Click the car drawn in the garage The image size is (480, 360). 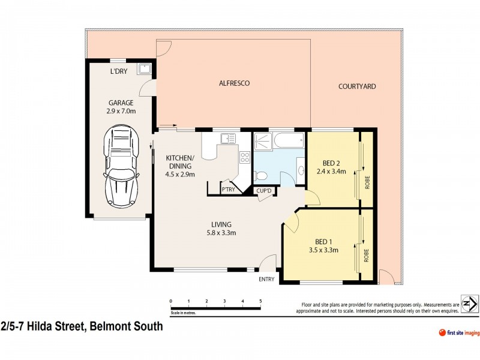(x=119, y=167)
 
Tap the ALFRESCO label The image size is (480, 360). (x=233, y=83)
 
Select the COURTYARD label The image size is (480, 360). (x=357, y=86)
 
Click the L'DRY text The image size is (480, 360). (x=119, y=72)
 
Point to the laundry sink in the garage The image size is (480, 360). (x=144, y=70)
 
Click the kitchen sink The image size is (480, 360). (x=228, y=139)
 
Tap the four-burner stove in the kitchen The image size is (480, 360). (x=245, y=158)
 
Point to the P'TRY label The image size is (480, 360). (x=228, y=190)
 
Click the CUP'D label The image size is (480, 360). (x=264, y=191)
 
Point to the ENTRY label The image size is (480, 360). (x=266, y=279)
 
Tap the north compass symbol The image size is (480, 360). (x=469, y=304)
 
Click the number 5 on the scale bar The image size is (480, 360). (x=260, y=300)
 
